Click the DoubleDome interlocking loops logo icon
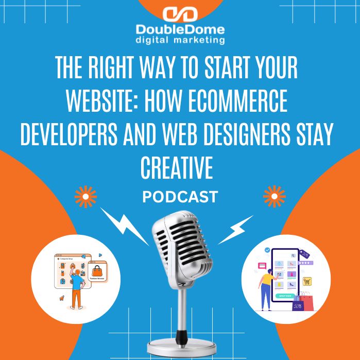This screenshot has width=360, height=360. pos(180,14)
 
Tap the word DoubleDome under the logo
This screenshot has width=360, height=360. pos(180,30)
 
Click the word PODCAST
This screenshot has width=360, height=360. pos(180,197)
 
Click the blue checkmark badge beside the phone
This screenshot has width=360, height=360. pos(267,250)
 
